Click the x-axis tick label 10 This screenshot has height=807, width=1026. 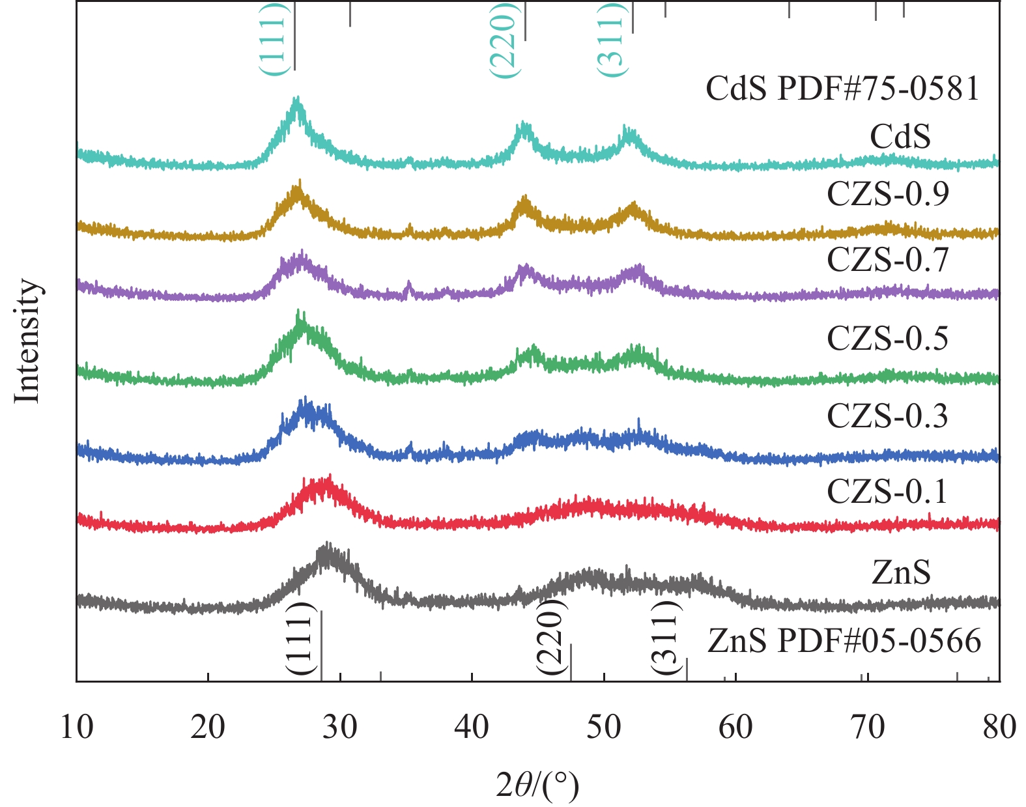coord(77,727)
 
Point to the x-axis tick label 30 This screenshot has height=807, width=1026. coord(339,727)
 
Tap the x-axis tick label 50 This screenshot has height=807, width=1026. coord(603,727)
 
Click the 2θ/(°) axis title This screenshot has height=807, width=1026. coord(537,786)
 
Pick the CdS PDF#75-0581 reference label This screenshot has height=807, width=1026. coord(842,89)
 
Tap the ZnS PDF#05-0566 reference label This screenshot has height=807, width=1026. coord(844,641)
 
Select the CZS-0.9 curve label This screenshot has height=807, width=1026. coord(887,193)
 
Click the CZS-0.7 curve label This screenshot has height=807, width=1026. coord(887,259)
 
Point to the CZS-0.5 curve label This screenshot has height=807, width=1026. coord(887,338)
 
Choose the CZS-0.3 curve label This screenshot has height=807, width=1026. coord(887,416)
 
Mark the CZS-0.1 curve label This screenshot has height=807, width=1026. coord(887,491)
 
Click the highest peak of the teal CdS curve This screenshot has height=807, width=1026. coord(297,98)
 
